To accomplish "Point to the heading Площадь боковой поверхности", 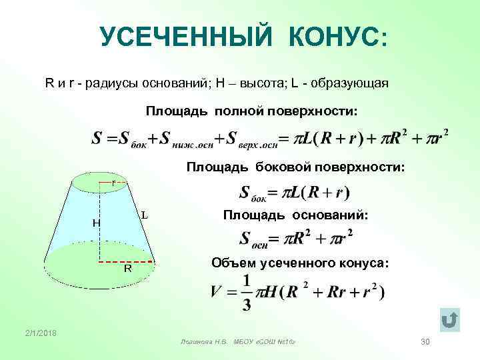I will tap(295, 165).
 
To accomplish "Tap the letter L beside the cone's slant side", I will tap(144, 215).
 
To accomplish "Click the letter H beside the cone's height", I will tap(96, 223).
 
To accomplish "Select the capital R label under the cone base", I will tap(127, 269).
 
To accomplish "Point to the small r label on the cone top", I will tap(114, 181).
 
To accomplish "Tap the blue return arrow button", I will tap(450, 321).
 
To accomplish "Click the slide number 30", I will tap(426, 341).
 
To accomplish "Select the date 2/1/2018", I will tap(41, 333).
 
